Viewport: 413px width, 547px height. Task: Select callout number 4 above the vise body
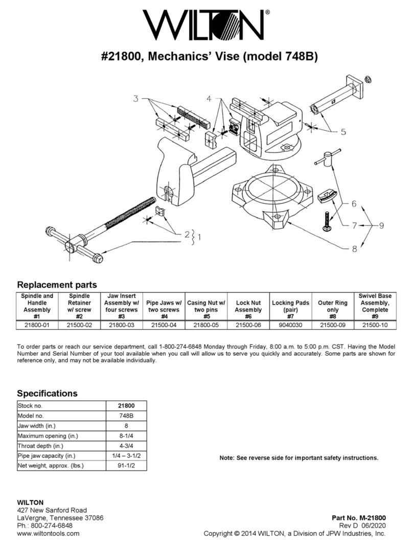tap(210, 98)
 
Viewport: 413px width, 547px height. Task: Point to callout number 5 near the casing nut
tap(343, 131)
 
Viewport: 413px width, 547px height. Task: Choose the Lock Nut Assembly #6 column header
tap(248, 306)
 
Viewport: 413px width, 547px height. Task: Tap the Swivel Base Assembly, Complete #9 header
tap(375, 306)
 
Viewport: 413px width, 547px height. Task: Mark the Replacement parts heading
tap(57, 285)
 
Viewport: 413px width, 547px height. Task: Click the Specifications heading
tap(47, 394)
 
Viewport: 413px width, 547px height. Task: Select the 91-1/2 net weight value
tap(126, 466)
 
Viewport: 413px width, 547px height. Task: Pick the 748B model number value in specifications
tap(126, 416)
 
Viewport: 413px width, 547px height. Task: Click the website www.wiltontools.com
tap(49, 534)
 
